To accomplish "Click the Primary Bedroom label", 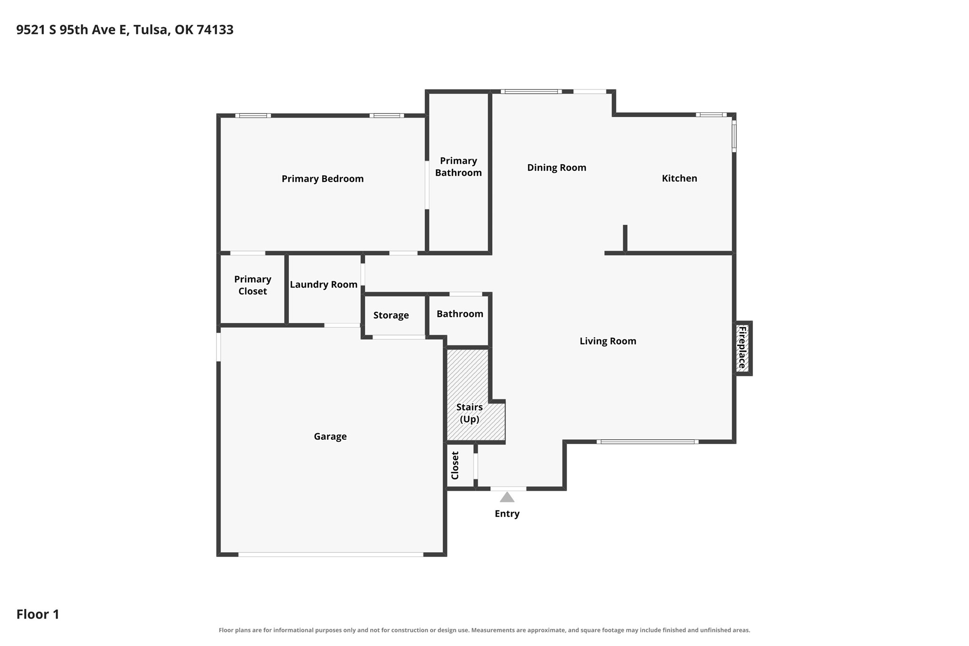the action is point(322,179).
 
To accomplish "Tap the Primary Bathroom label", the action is point(458,167).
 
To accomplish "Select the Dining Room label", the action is point(556,168).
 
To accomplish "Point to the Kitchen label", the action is point(679,178).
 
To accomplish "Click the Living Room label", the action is point(608,341).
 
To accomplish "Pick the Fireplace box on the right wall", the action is point(742,348).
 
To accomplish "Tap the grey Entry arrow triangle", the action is point(507,497).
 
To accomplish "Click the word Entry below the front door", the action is point(507,514).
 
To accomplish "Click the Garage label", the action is point(330,437).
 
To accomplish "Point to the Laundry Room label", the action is point(324,285).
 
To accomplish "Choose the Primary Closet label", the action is point(253,285).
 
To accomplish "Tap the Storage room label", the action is point(391,315).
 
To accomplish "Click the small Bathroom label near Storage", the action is point(460,314).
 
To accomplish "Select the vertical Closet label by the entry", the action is point(455,466).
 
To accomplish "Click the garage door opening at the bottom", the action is point(331,555).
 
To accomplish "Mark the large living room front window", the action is point(647,442).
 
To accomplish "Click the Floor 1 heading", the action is point(38,614).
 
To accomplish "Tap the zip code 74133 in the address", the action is point(215,30).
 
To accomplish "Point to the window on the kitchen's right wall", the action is point(734,136).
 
